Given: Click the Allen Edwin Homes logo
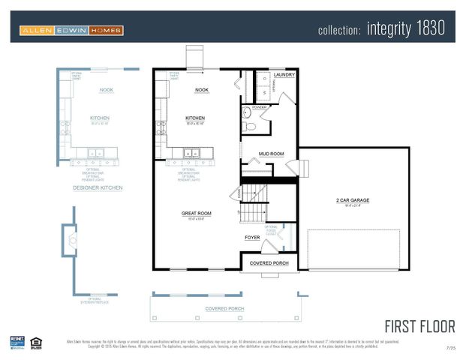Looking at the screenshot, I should click(71, 31).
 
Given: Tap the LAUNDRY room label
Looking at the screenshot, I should click(284, 75).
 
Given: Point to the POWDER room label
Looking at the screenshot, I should click(260, 107).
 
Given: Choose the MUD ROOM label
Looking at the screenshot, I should click(271, 154).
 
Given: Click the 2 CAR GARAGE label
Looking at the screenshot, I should click(357, 200).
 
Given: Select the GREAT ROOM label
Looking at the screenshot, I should click(196, 213).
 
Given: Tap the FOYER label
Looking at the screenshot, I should click(252, 238).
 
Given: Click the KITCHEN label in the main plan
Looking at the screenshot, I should click(195, 118).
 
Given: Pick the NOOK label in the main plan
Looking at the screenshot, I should click(201, 90).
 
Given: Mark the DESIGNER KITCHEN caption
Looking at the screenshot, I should click(98, 187).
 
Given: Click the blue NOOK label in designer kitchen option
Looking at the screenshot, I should click(107, 90).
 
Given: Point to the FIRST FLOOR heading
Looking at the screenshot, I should click(419, 326).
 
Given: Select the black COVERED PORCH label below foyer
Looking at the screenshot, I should click(269, 263).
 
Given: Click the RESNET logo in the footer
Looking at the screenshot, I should click(17, 342).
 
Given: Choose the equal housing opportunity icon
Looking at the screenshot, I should click(36, 343).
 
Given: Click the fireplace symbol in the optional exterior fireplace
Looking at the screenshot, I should click(70, 241).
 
